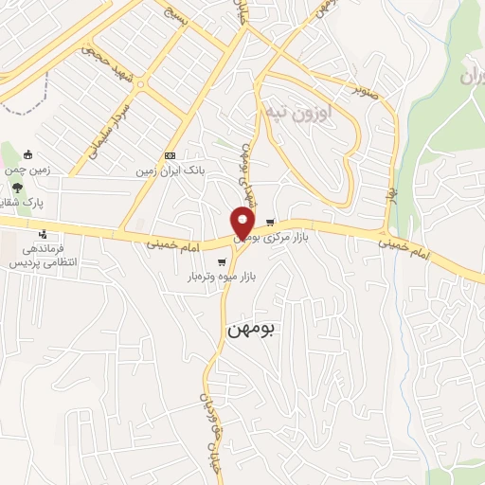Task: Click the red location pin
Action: click(x=243, y=221)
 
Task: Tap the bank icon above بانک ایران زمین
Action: click(x=170, y=155)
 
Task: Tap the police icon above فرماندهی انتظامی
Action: click(x=43, y=233)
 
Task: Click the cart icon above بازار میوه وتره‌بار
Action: click(x=222, y=261)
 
